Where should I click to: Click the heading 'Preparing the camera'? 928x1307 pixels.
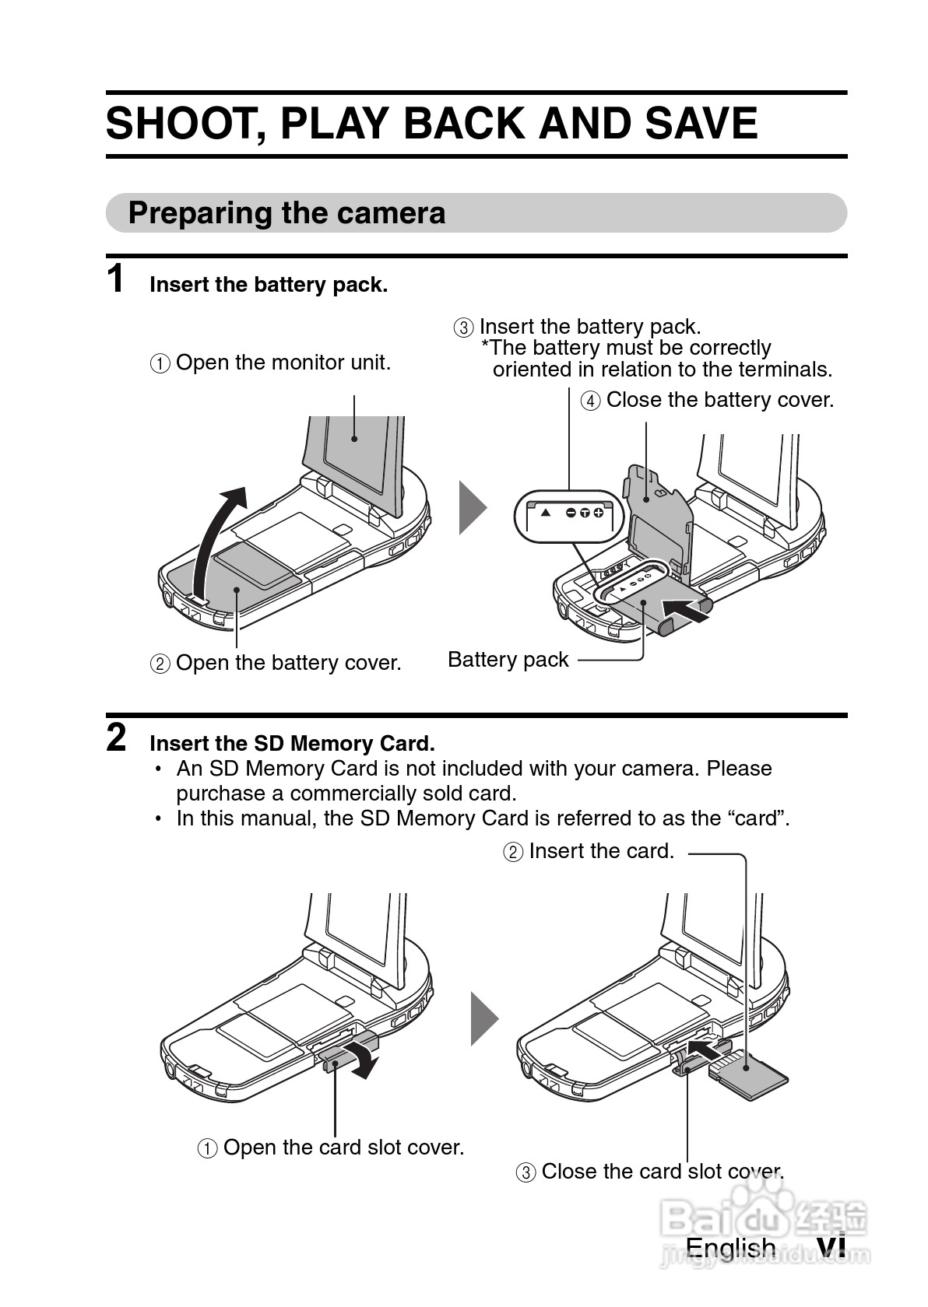coord(286,213)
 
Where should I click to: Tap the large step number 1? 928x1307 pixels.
coord(116,279)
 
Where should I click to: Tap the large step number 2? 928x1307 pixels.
coord(116,738)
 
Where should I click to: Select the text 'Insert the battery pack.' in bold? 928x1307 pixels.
coord(269,285)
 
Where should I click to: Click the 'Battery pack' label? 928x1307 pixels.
coord(508,660)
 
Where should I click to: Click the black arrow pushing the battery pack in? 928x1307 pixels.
coord(686,610)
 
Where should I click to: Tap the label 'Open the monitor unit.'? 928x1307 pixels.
coord(283,363)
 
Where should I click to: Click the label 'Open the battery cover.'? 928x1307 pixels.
coord(289,664)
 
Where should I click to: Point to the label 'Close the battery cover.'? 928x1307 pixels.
coord(720,400)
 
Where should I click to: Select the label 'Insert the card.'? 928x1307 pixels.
coord(602,851)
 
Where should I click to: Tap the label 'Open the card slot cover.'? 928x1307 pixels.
coord(343,1148)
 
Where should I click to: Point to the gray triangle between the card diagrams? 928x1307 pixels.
coord(485,1019)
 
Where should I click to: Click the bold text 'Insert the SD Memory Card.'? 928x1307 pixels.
coord(293,744)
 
